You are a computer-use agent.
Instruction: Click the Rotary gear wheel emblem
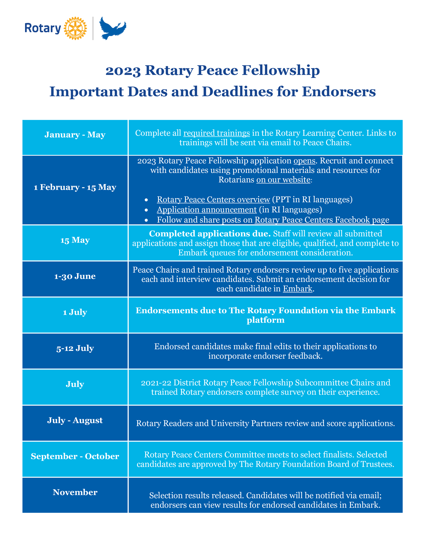pos(75,28)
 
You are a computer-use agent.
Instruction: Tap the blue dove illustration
pos(112,28)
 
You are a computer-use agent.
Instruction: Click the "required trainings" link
pos(217,133)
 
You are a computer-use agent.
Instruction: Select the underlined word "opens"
pos(304,161)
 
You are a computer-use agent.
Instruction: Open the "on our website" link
pos(283,180)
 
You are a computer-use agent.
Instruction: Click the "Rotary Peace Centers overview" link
pos(213,199)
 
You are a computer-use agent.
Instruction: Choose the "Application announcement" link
pos(207,209)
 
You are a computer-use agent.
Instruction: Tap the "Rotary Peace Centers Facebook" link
pos(312,220)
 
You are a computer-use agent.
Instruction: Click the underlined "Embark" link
pos(297,289)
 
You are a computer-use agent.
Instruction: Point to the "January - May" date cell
pos(75,135)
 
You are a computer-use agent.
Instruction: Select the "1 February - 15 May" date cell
pos(75,187)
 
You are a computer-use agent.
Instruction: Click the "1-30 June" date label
pos(75,276)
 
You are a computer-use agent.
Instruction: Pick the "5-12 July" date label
pos(75,348)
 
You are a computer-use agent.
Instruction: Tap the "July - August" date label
pos(75,420)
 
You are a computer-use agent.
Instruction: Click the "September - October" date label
pos(75,456)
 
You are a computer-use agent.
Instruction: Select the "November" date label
pos(75,492)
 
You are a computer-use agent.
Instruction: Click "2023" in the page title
pos(123,71)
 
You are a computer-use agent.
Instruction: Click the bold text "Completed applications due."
pos(210,234)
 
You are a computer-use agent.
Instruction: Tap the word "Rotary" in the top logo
pos(43,28)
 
